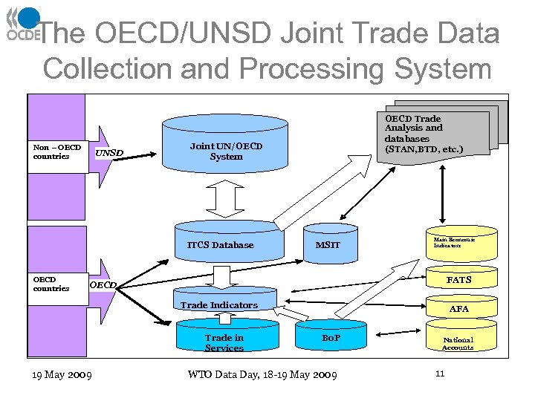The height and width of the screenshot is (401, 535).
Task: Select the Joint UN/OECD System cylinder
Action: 226,149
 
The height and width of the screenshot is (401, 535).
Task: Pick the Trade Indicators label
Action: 219,305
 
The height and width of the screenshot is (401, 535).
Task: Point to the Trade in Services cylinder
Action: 224,340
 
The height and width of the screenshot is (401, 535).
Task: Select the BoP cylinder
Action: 331,338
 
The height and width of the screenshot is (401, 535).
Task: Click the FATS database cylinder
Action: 458,281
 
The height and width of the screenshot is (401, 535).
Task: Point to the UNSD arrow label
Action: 109,154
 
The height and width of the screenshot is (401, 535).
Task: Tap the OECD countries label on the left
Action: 51,284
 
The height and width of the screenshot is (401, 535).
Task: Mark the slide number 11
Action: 440,374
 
